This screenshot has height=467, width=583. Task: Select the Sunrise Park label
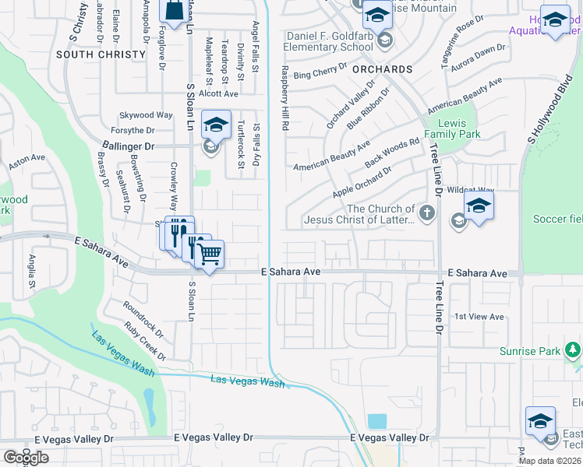530,351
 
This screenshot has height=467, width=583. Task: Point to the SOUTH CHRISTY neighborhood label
101,54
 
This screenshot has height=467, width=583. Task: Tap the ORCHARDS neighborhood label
382,68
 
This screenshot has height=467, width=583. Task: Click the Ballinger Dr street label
129,146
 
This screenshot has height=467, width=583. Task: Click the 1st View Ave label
479,317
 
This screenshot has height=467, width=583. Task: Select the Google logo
26,458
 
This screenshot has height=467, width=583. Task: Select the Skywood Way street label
146,115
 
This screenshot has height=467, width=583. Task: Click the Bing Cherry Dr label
320,74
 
